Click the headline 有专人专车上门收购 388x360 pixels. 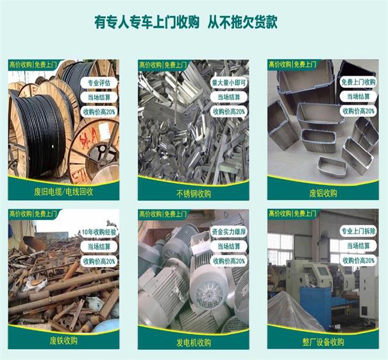[147, 22]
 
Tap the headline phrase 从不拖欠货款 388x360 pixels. [242, 22]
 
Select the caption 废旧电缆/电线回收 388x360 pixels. [63, 192]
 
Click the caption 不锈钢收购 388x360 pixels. [194, 194]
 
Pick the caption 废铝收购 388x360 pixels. [323, 193]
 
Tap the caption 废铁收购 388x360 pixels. [63, 341]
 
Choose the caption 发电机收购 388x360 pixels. [194, 343]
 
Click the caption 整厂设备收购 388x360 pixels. [323, 342]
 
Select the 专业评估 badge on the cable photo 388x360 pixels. [99, 83]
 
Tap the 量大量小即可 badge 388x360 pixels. [229, 83]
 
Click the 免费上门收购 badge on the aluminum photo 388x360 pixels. [358, 82]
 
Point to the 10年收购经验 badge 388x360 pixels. [99, 232]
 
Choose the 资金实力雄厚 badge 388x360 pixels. [229, 232]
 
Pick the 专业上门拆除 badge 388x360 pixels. [358, 231]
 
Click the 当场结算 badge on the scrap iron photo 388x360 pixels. [99, 246]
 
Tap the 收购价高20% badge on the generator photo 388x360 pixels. [229, 261]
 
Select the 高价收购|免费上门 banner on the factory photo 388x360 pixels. [292, 213]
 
